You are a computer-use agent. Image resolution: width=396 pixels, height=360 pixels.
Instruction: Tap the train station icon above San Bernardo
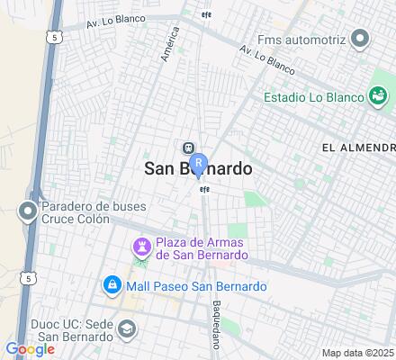coord(188,148)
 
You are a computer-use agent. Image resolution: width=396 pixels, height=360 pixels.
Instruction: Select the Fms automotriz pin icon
coord(360,39)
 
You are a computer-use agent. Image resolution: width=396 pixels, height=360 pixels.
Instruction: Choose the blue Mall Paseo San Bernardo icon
coord(112,286)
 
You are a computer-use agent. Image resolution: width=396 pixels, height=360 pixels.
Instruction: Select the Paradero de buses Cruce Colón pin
coord(27,211)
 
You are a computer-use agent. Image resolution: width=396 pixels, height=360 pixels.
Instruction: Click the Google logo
coord(30,348)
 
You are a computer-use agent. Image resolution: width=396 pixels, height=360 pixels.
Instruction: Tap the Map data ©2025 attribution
coord(358,352)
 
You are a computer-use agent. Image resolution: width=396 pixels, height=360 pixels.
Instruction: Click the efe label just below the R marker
coord(204,189)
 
